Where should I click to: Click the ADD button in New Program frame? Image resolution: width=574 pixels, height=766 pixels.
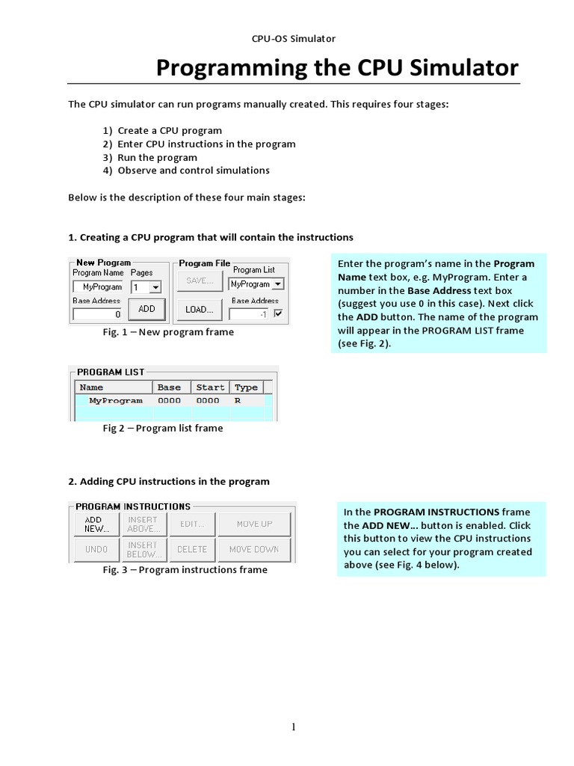pos(146,308)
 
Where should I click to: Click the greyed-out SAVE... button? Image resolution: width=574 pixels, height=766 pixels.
pos(199,281)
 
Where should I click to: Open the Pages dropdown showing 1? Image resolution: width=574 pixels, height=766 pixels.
pos(146,287)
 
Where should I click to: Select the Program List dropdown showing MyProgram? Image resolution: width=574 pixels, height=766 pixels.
pos(256,284)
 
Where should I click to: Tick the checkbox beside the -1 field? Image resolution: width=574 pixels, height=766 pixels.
pos(279,314)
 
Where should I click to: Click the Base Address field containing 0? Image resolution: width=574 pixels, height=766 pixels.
pos(98,314)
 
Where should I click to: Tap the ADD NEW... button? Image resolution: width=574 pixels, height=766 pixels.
pos(96,524)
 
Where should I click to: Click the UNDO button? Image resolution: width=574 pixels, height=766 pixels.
pos(96,550)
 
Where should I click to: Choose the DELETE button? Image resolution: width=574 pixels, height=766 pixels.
pos(192,550)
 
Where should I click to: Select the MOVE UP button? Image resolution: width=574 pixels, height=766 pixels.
pos(254,524)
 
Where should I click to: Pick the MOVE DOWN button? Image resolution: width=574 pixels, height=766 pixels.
pos(254,550)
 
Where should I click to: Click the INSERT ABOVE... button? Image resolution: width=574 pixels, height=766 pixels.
pos(143,524)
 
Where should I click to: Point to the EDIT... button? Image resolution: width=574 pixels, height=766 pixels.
pos(192,524)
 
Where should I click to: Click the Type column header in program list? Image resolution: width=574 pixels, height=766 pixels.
pos(246,387)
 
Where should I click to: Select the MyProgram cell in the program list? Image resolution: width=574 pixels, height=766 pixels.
pos(115,401)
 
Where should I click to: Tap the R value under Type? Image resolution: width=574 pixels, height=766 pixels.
pos(238,401)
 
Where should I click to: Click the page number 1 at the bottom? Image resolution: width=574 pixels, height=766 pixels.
pos(294,727)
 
